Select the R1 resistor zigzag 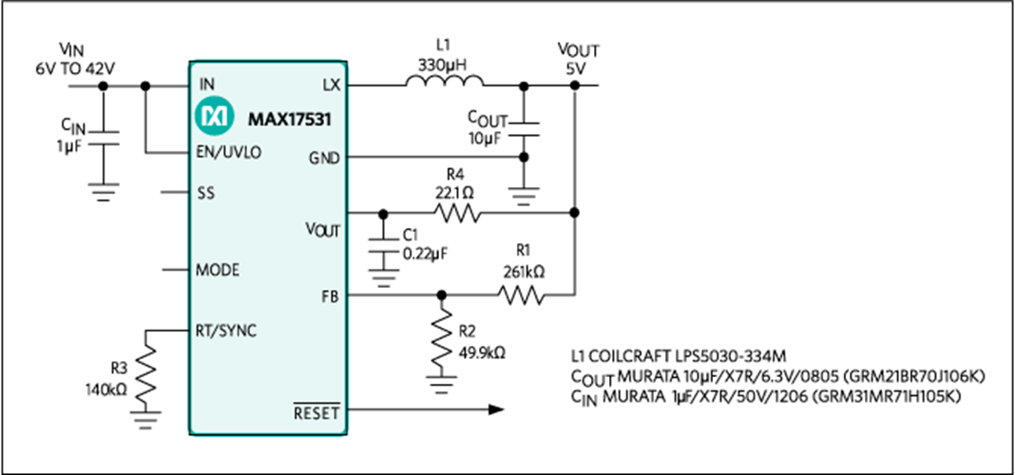click(523, 295)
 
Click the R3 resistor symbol click(147, 374)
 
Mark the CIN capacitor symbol click(104, 138)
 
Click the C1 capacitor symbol click(382, 246)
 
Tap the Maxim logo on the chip click(211, 118)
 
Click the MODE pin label click(217, 270)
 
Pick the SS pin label click(204, 192)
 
